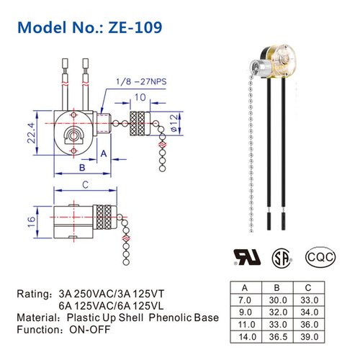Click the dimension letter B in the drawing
[x=82, y=167]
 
